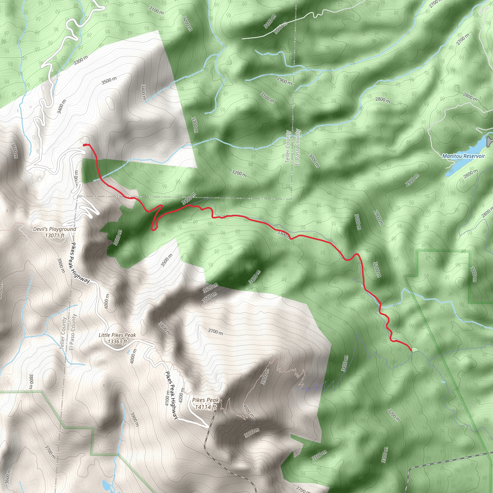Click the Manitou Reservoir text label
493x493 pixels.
pos(463,156)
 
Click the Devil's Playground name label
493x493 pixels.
pos(55,229)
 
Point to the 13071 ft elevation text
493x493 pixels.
pos(55,235)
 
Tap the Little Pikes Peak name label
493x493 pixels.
pos(117,335)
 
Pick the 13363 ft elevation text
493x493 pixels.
pos(117,341)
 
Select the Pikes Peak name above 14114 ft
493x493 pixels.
pos(205,400)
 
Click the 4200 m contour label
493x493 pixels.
pos(182,396)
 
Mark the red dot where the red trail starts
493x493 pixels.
pos(84,145)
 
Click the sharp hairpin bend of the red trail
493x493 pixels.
pos(153,229)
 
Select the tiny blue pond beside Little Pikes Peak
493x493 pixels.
pos(128,353)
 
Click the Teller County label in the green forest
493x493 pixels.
pos(288,147)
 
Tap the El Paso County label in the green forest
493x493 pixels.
pos(298,147)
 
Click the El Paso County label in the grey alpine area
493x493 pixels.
pos(72,332)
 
